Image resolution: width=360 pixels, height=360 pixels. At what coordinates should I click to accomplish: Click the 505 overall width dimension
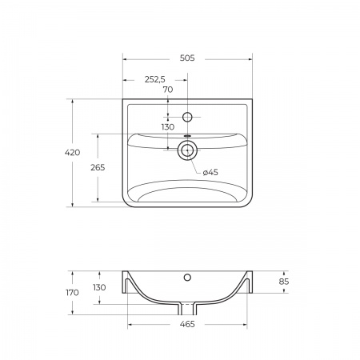(187, 58)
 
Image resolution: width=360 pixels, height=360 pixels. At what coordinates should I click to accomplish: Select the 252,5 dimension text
(155, 79)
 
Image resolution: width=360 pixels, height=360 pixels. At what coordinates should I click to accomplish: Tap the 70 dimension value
(168, 90)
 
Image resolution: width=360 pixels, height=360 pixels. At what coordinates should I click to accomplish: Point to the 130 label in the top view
(168, 127)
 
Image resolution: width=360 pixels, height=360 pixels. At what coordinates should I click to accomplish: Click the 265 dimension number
(98, 167)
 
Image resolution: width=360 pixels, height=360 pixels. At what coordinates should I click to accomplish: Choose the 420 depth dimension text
(72, 153)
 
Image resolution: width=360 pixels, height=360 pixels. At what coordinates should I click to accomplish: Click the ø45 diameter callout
(210, 172)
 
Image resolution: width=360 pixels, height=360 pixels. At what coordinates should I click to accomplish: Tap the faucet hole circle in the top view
(187, 117)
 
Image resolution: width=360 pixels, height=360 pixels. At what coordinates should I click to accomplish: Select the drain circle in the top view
(187, 150)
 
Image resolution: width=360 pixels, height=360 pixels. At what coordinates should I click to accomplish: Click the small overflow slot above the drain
(187, 136)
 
